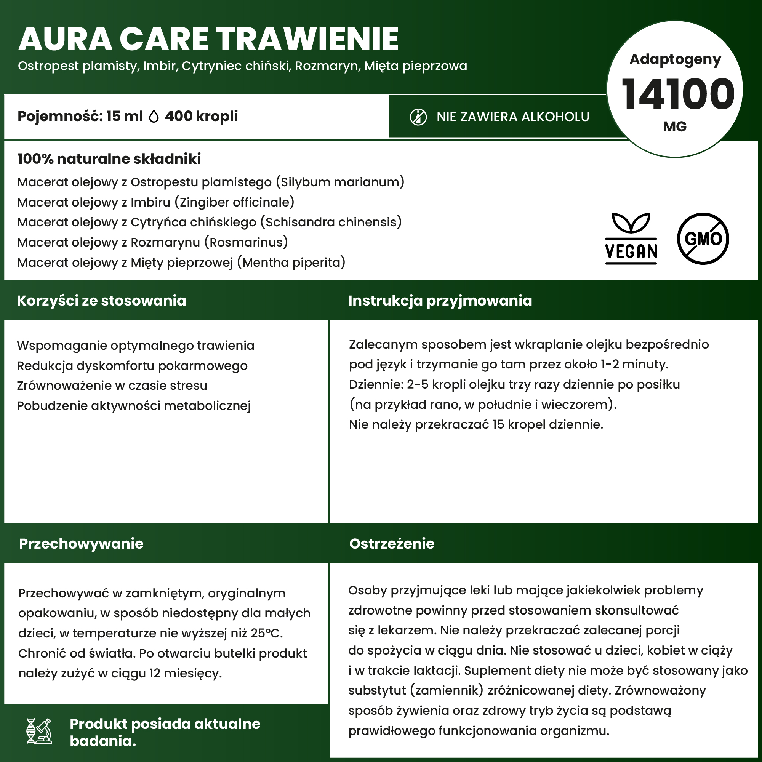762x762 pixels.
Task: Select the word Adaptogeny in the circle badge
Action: [675, 59]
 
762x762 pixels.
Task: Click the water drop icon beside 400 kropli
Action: [154, 116]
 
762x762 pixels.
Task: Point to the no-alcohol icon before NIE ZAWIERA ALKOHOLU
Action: [418, 117]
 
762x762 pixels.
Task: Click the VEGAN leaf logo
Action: [631, 238]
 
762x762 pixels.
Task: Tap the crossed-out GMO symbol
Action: [703, 238]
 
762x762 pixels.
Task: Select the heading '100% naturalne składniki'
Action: [109, 159]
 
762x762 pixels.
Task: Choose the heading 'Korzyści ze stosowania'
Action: [101, 301]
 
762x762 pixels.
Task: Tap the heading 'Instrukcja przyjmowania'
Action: [440, 301]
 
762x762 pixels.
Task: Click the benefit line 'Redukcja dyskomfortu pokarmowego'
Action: [132, 366]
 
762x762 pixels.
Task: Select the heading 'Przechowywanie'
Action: [81, 544]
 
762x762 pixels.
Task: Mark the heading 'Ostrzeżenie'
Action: [392, 544]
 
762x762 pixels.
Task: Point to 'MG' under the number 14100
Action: [675, 126]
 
